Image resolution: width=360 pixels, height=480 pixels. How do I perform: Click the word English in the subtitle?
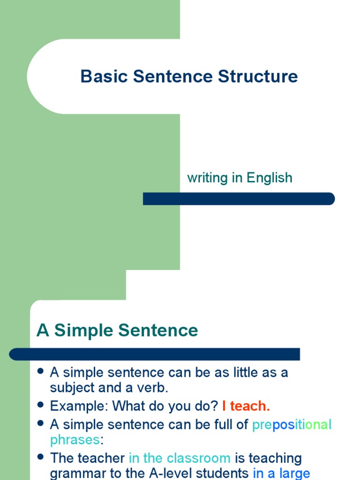pos(270,178)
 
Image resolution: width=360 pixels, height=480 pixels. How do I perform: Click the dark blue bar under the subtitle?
pos(239,199)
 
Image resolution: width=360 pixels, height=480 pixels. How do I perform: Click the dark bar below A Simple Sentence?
pos(155,354)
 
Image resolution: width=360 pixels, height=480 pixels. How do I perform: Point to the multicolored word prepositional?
pos(292,425)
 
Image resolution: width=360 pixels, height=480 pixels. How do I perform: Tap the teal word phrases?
pos(75,440)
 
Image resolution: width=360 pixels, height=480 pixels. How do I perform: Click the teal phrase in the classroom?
pos(180,458)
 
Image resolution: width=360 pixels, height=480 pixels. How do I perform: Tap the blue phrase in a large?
pos(281,473)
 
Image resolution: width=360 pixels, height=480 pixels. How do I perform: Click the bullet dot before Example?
pos(40,404)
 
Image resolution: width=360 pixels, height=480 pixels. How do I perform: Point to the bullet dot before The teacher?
pos(40,457)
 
